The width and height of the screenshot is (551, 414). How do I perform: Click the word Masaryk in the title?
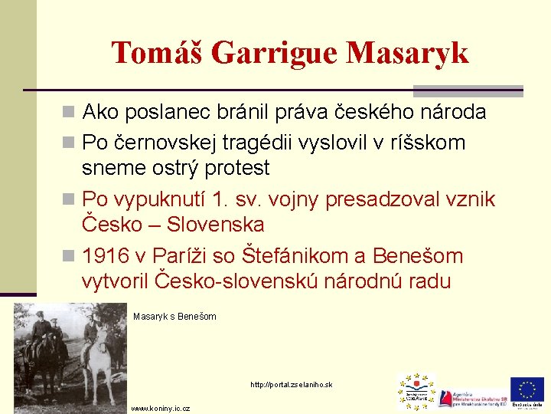click(407, 53)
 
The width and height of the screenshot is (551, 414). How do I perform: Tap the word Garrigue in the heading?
click(275, 53)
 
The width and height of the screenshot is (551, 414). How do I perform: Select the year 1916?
click(106, 255)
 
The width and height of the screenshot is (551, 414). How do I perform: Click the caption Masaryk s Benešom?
click(174, 317)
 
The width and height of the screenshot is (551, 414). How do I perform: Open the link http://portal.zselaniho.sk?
click(290, 384)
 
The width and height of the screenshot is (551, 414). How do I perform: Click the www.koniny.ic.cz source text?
click(161, 409)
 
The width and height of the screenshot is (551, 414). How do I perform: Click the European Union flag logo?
click(527, 390)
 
